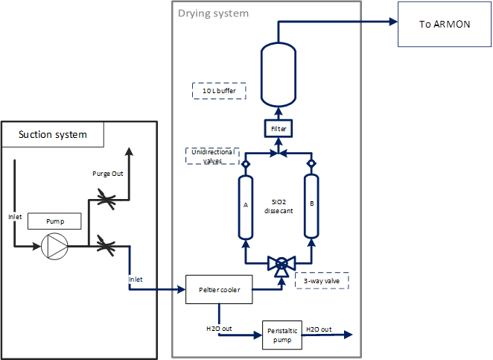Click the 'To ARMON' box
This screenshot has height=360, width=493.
pos(445,24)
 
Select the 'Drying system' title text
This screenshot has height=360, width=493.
pos(214,13)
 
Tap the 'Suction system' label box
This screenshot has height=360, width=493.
pos(53,134)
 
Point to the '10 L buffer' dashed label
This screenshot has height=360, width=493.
pos(219,91)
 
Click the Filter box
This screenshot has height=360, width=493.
pos(278,129)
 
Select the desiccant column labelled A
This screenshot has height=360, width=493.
pos(245,206)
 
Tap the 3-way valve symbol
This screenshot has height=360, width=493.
pos(282,264)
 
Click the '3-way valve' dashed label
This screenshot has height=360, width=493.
pos(322,281)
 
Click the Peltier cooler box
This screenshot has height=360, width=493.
pos(219,288)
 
